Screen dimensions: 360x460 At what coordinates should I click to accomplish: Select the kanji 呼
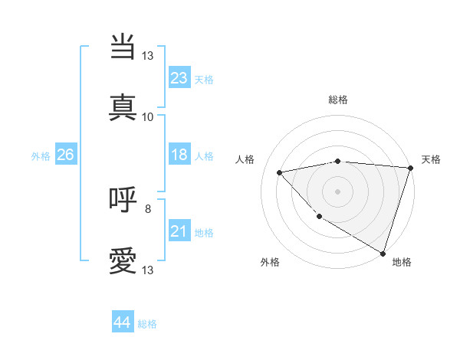coord(123,199)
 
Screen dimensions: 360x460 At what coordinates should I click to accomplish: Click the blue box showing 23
coord(179,77)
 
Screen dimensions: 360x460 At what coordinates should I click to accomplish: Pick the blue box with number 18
coord(179,155)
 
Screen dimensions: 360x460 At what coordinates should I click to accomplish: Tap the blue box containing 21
coord(179,231)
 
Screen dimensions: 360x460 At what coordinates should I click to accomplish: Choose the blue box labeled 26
coord(65,155)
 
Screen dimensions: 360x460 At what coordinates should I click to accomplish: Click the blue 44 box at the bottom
coord(122,322)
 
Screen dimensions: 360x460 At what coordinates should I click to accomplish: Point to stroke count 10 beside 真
coord(148,117)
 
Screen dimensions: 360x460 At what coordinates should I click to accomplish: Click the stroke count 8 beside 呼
coord(148,208)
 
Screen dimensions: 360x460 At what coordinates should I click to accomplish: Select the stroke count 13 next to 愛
coord(148,270)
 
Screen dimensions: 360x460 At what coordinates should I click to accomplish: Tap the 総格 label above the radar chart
coord(337,100)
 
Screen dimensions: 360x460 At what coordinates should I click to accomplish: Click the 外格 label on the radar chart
coord(270,262)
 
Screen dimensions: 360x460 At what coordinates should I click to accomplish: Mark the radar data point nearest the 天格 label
coord(409,168)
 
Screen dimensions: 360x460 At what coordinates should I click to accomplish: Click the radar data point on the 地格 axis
coord(383,253)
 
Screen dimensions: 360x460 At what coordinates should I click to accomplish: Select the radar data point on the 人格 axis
coord(280,172)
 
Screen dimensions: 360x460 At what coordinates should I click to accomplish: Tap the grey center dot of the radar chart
coord(337,191)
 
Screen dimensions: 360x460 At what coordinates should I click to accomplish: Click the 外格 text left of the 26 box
coord(40,155)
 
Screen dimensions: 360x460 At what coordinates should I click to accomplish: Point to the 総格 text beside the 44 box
coord(147,324)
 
